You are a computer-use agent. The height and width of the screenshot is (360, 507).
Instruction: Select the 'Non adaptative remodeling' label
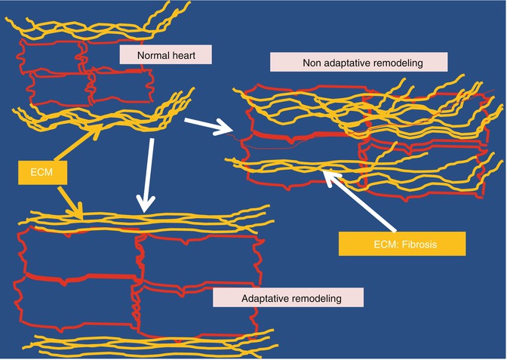click(x=358, y=63)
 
